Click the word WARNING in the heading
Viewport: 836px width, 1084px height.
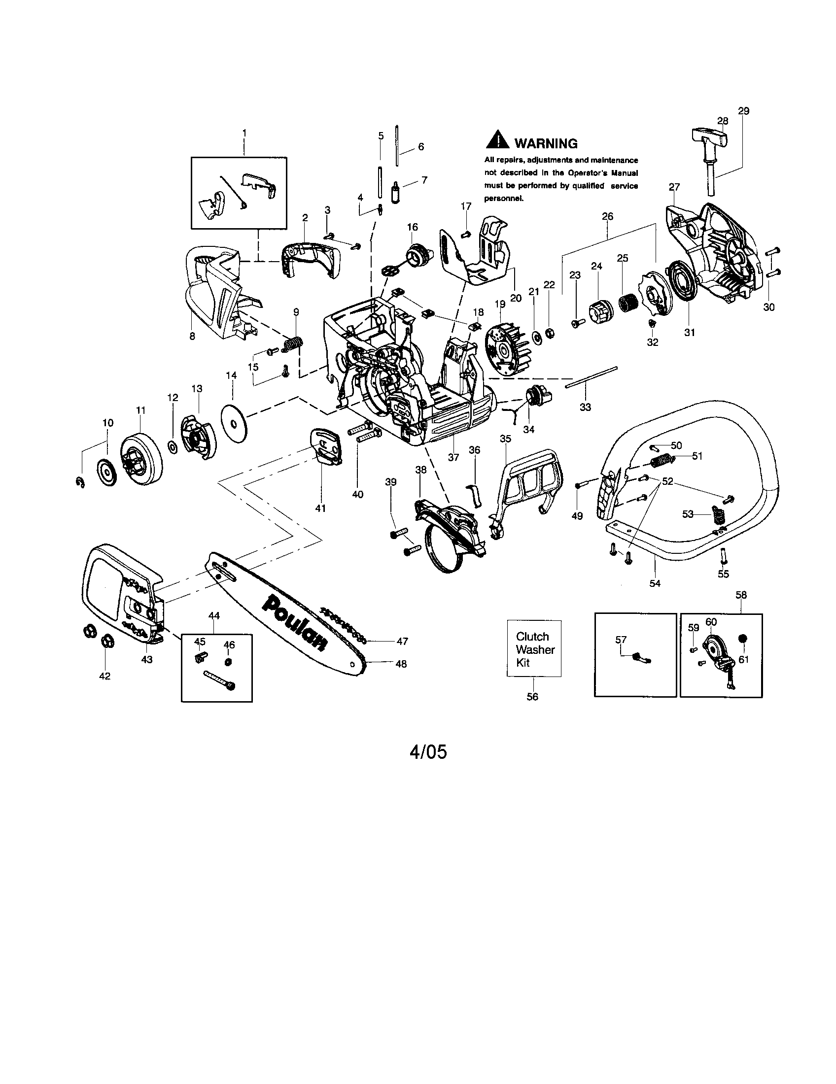546,144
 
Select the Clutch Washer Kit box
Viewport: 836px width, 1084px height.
534,649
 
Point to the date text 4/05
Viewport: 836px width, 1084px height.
428,752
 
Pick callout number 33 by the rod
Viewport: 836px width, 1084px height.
585,407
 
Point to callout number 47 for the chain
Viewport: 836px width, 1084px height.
402,641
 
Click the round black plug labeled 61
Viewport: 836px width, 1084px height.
743,638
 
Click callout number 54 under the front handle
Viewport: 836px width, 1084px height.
655,583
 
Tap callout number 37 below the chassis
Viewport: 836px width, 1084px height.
453,457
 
